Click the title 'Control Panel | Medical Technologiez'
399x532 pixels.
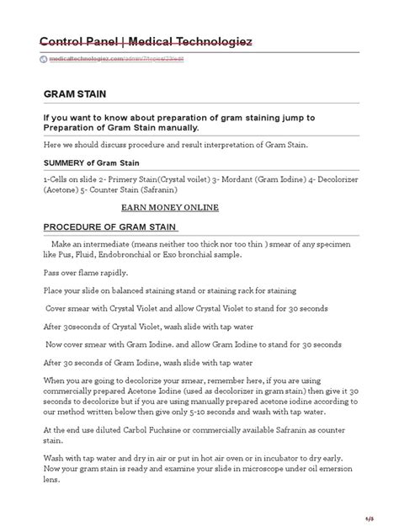[x=145, y=43]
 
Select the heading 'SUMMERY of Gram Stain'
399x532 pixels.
[x=92, y=162]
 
